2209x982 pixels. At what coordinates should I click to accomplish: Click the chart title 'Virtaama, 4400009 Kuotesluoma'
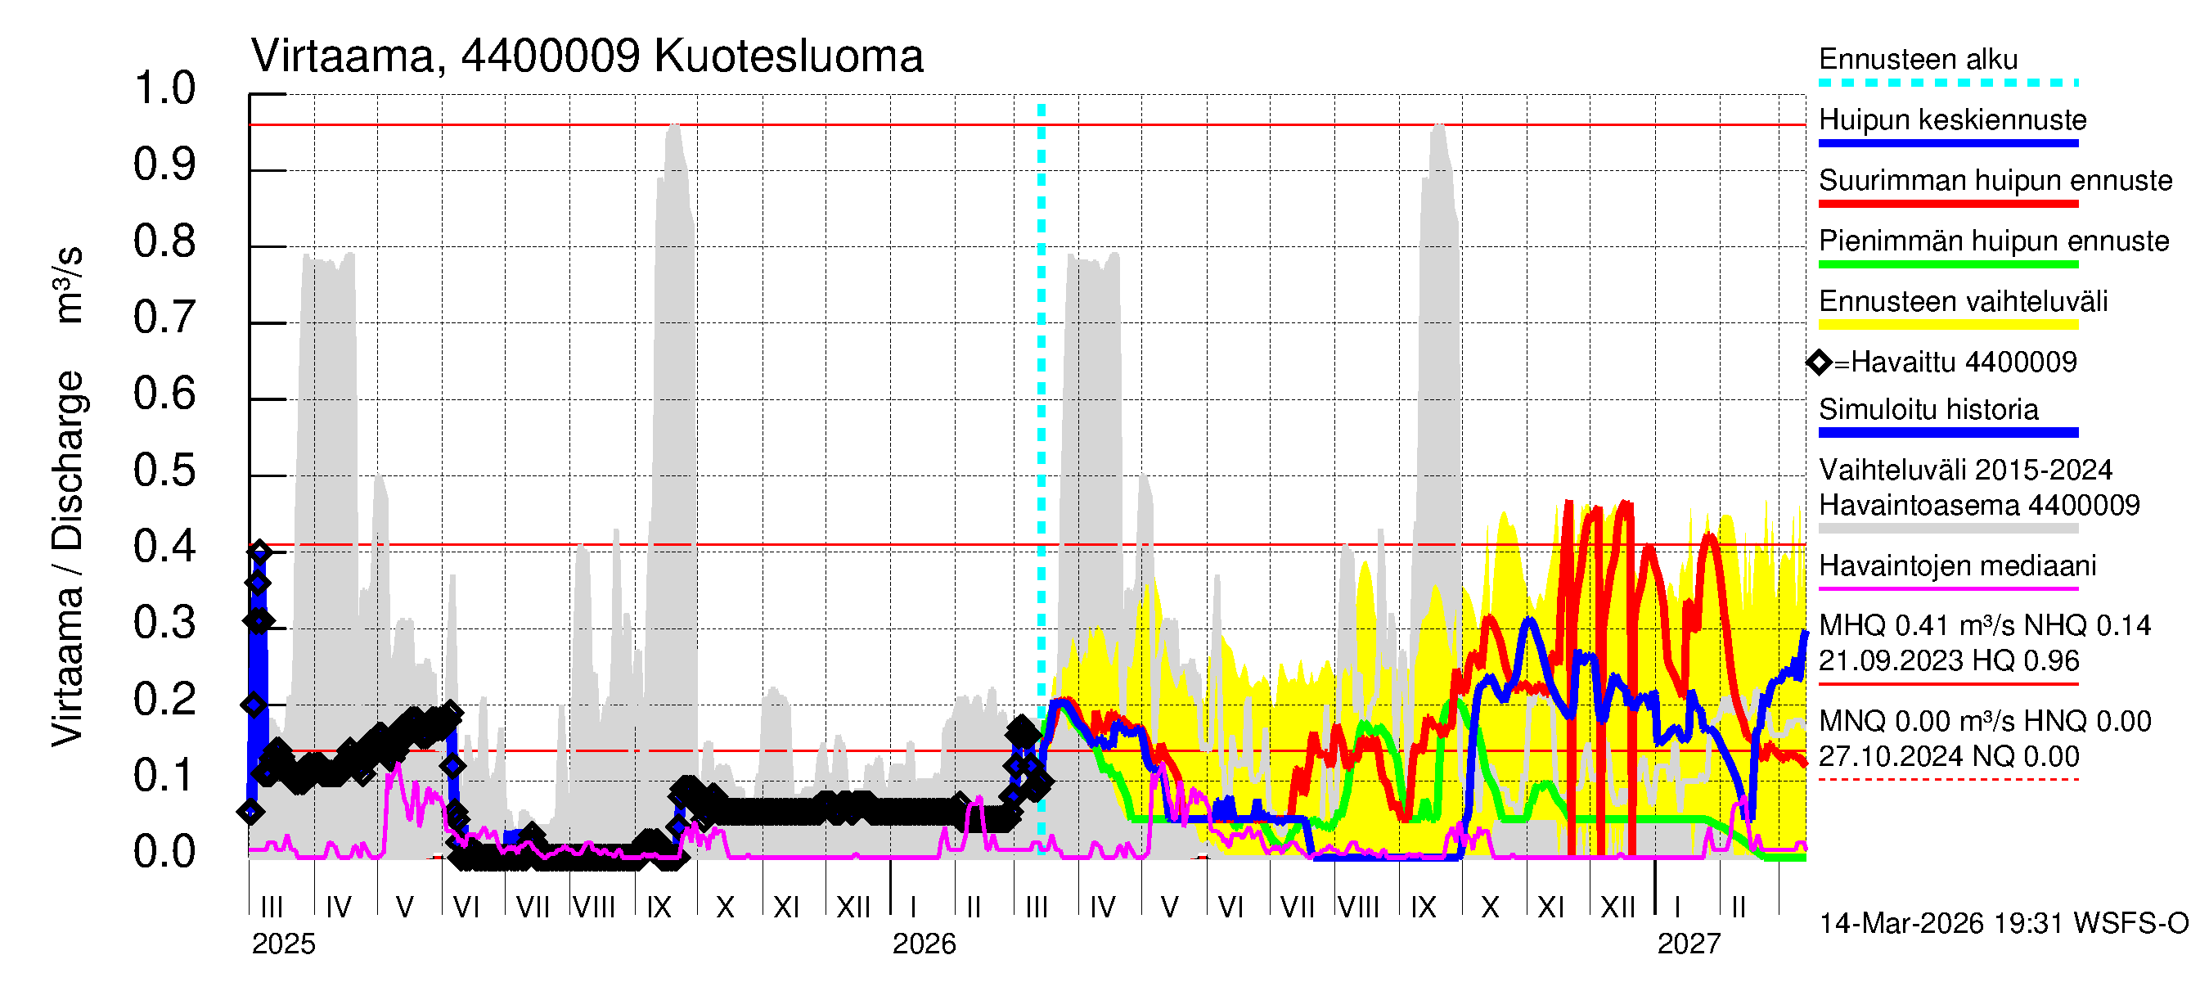coord(587,56)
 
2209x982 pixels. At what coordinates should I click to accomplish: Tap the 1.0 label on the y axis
coord(164,88)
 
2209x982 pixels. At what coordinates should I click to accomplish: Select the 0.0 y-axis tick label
coord(164,853)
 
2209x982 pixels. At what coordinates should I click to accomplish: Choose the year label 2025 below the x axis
coord(283,944)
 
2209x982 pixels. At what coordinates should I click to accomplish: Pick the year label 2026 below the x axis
coord(924,944)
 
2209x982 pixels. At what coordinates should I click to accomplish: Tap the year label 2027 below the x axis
coord(1689,944)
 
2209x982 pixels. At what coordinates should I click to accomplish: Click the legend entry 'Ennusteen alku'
coord(1919,60)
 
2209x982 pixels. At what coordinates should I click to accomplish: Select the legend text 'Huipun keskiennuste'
coord(1953,120)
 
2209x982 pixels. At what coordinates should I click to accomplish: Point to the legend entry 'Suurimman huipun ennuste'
coord(1995,181)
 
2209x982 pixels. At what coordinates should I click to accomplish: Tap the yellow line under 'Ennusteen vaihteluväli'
coord(1948,325)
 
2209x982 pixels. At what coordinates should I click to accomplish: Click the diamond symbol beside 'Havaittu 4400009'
coord(1819,363)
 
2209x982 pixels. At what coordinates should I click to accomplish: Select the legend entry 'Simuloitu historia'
coord(1928,410)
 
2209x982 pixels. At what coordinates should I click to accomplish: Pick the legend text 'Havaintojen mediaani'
coord(1958,566)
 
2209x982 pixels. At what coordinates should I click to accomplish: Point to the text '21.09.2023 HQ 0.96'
coord(1948,661)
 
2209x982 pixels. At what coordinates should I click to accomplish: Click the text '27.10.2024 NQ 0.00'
coord(1948,756)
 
